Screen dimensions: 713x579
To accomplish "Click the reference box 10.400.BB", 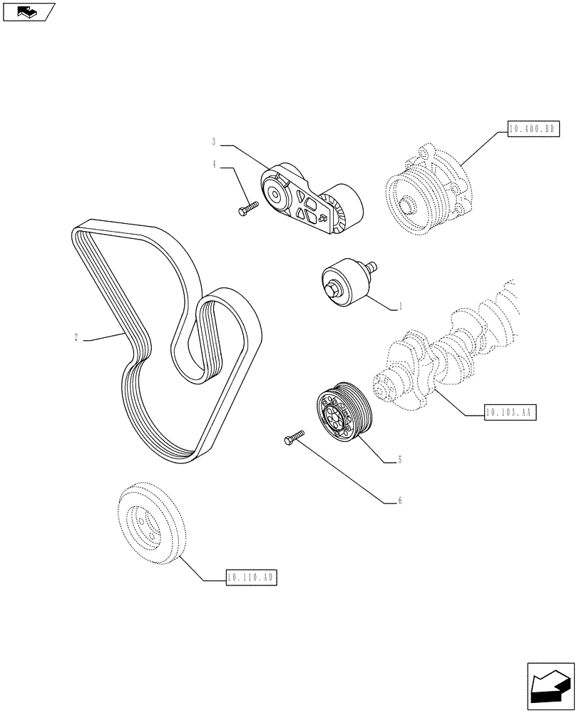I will click(x=533, y=129).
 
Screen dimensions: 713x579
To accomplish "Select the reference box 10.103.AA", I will click(x=510, y=413).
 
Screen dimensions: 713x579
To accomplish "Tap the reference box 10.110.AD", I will click(x=250, y=578).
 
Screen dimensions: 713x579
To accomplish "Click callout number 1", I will click(x=401, y=307).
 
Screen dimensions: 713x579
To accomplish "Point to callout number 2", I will click(x=76, y=337).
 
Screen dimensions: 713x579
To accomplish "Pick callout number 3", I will click(x=213, y=141).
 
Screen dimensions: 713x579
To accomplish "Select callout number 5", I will click(x=400, y=460).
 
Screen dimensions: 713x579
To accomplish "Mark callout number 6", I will click(x=400, y=501).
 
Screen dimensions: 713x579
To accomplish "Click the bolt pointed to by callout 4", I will click(x=247, y=207).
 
